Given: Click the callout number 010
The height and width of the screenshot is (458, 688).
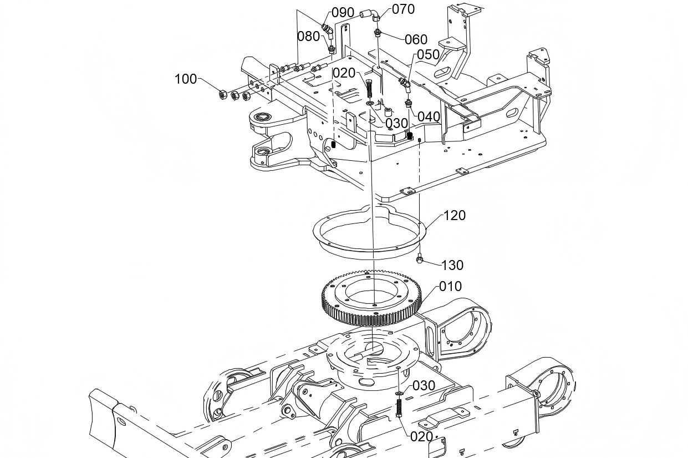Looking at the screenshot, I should [x=450, y=287].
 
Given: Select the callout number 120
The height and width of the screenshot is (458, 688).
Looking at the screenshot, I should [x=455, y=216].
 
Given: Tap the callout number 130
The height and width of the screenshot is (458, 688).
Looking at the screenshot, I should [x=452, y=266].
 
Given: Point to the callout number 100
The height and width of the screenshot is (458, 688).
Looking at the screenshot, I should [x=186, y=79].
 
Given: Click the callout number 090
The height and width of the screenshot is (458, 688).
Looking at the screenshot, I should [x=343, y=13].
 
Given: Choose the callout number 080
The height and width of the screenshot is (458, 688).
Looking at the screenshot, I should [x=309, y=37].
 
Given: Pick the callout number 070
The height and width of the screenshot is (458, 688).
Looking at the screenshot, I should [x=403, y=9].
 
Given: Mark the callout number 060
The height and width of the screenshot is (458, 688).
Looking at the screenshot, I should [x=416, y=39].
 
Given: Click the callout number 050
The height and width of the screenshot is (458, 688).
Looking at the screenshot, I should [x=428, y=54].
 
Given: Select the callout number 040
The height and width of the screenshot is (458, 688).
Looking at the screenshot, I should [x=429, y=116].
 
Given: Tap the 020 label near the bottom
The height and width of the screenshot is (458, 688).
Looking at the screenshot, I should [x=421, y=436].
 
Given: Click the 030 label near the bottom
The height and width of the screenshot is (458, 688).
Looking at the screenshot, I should [x=424, y=385].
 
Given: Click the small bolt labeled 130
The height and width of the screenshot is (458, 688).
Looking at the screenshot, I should [x=421, y=259].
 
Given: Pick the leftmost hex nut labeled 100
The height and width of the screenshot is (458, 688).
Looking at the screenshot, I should [x=219, y=94].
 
